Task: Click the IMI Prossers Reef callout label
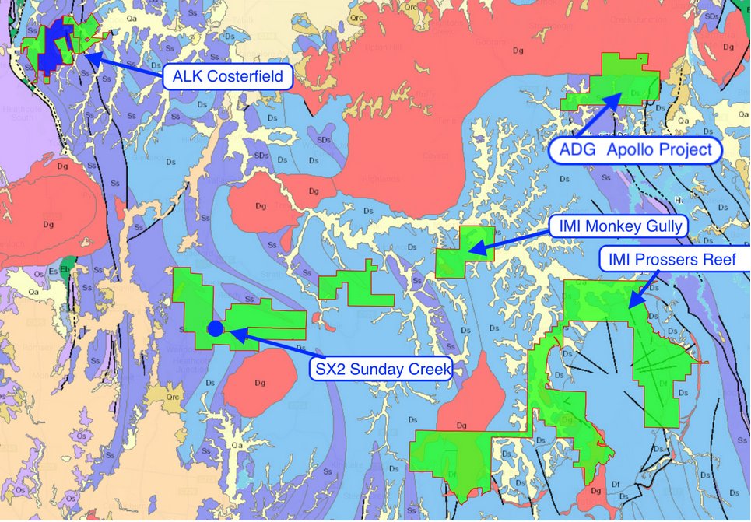click(676, 259)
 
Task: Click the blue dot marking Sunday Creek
click(216, 328)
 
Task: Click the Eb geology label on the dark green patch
click(66, 270)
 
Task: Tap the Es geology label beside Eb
click(53, 271)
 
